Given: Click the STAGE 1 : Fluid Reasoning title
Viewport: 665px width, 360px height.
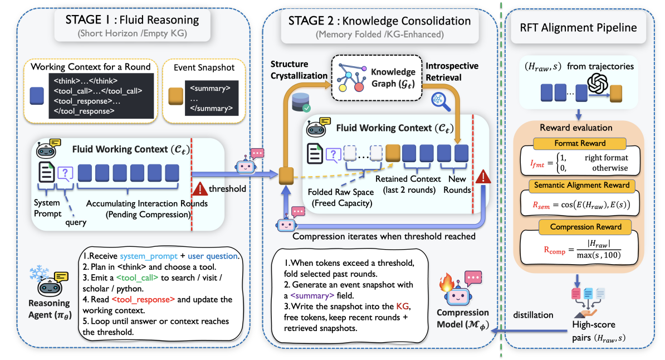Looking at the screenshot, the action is (x=132, y=20).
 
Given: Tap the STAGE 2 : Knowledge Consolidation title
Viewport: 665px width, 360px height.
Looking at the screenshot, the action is (x=380, y=21).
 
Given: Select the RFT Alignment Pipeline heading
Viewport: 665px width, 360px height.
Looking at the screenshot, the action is (x=579, y=28).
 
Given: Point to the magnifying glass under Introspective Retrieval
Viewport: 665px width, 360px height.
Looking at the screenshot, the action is (x=440, y=102).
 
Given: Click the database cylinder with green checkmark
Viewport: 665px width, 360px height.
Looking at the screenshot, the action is (x=301, y=103).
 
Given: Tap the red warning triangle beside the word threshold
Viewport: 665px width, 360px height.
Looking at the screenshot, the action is (x=200, y=188).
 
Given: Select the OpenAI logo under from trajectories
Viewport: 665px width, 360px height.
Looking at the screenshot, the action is (x=598, y=83).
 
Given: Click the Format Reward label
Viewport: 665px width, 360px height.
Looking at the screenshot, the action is (x=580, y=143).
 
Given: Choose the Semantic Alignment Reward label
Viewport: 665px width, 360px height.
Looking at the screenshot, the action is (x=581, y=185).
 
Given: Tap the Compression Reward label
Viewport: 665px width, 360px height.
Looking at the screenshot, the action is (x=586, y=227).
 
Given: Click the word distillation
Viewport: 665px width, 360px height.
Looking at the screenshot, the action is (x=533, y=315).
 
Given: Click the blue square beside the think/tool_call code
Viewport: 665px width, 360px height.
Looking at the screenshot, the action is (x=37, y=96).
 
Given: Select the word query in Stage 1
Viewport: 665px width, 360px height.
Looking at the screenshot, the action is (x=76, y=222).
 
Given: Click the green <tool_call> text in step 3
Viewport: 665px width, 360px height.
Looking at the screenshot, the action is (x=137, y=278).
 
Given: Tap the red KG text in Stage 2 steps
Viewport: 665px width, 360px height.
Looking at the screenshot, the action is (x=403, y=307).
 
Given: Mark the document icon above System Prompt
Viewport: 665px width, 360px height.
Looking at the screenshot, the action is (x=46, y=172).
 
